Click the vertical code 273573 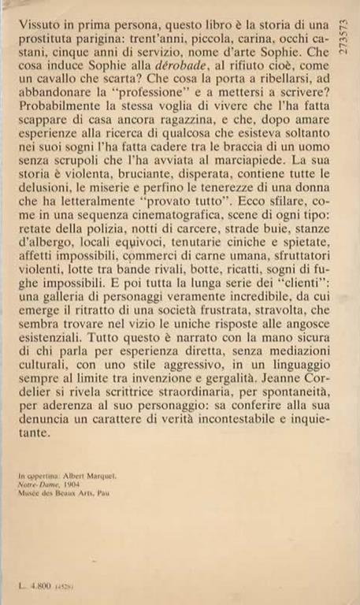339,51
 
